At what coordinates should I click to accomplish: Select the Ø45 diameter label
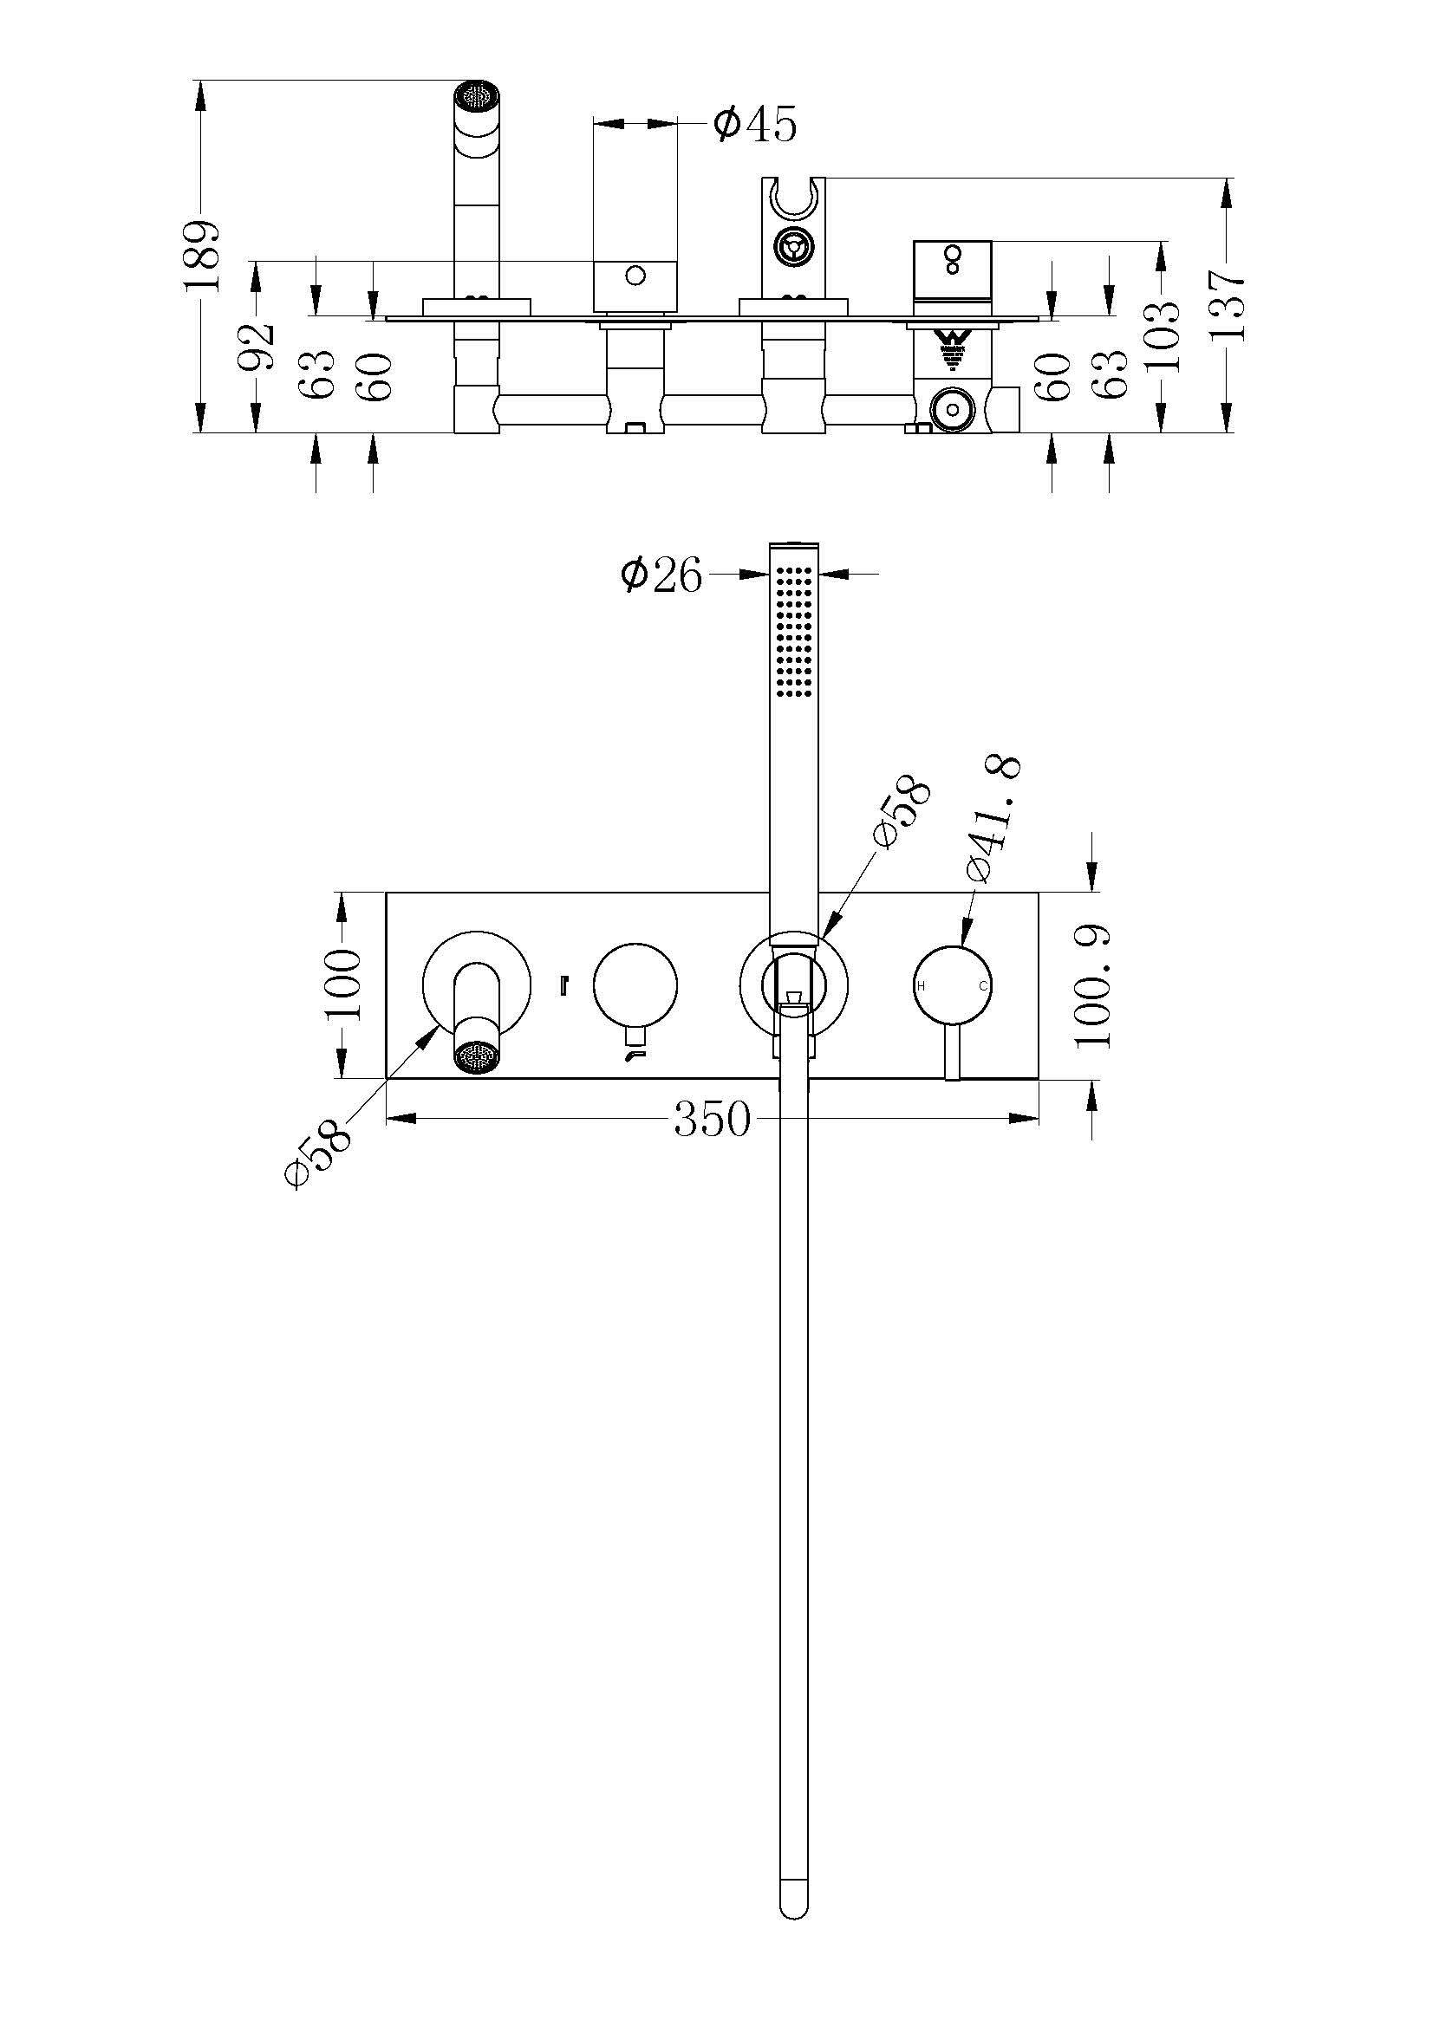click(755, 124)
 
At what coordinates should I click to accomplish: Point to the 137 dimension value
click(1228, 305)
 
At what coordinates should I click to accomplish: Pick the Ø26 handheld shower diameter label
click(662, 575)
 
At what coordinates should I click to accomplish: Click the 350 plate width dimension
click(713, 1120)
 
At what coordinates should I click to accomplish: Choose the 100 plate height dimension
click(342, 984)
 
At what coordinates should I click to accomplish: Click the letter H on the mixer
click(921, 985)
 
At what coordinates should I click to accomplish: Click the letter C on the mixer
click(983, 985)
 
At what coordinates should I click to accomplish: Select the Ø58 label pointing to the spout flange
click(319, 1153)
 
